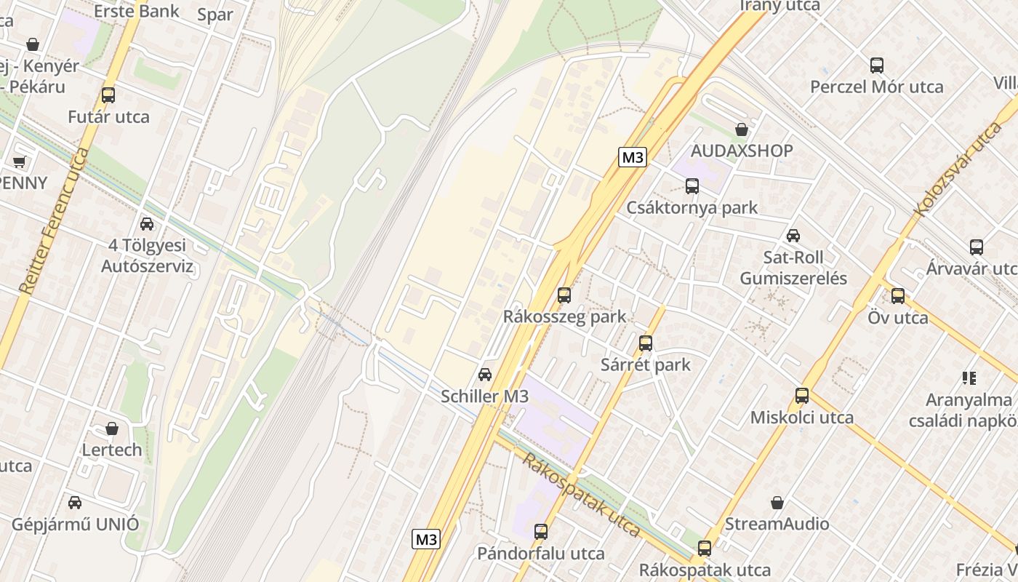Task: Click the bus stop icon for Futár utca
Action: coord(108,95)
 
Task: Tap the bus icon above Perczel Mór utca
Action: coord(877,65)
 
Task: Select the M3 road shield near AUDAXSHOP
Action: coord(633,157)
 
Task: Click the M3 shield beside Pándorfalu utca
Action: coord(426,539)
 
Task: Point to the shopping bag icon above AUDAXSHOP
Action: coord(742,129)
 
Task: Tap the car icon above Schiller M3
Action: coord(485,375)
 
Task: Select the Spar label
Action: coord(215,15)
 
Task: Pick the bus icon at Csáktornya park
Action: coord(692,186)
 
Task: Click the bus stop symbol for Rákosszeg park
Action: coord(564,295)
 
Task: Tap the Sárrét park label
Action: coord(646,364)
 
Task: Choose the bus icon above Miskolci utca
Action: coord(802,396)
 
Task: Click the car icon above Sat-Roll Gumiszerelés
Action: coord(793,236)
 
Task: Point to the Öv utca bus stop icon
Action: coord(898,296)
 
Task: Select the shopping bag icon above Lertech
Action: coord(112,428)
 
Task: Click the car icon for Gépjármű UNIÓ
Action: coord(75,503)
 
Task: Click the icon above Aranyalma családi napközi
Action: coord(969,378)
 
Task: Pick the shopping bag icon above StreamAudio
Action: coord(777,503)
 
